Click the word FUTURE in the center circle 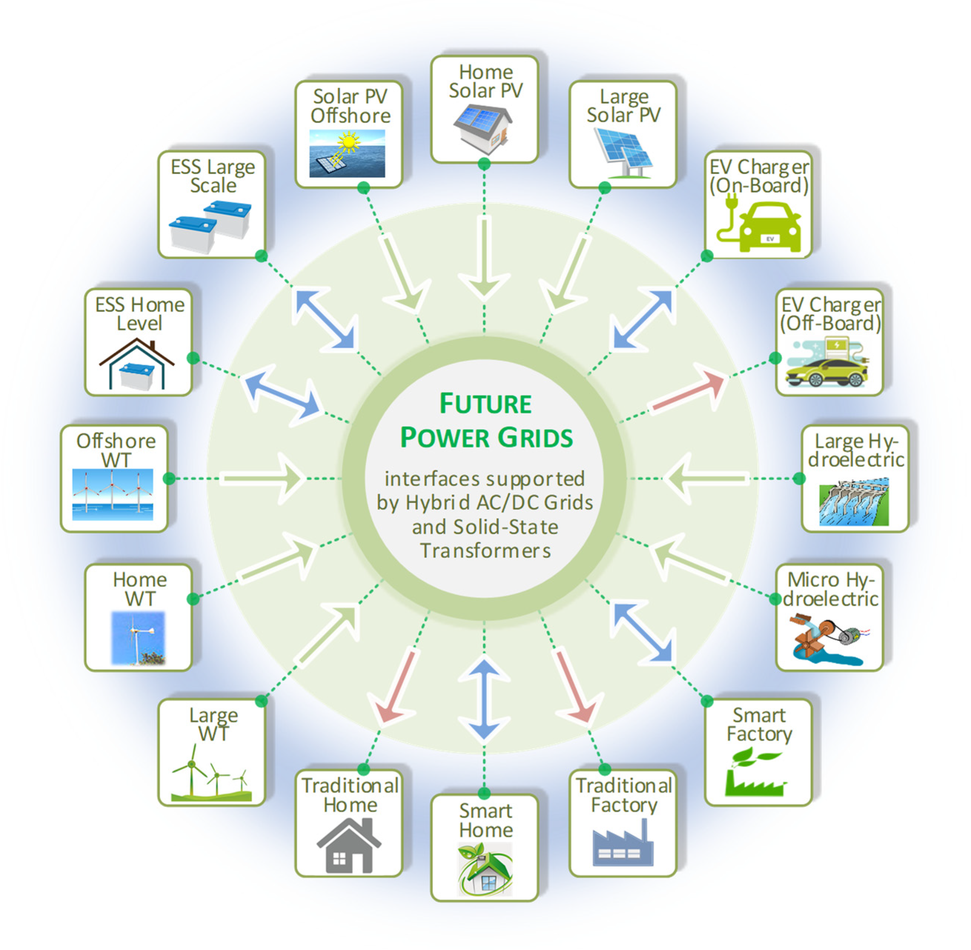485,403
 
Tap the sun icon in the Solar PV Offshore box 348,142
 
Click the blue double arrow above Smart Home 484,699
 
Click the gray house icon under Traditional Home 348,846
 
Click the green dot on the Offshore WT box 169,479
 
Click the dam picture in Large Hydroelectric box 854,501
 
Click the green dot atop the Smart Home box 484,793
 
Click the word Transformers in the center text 485,551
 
